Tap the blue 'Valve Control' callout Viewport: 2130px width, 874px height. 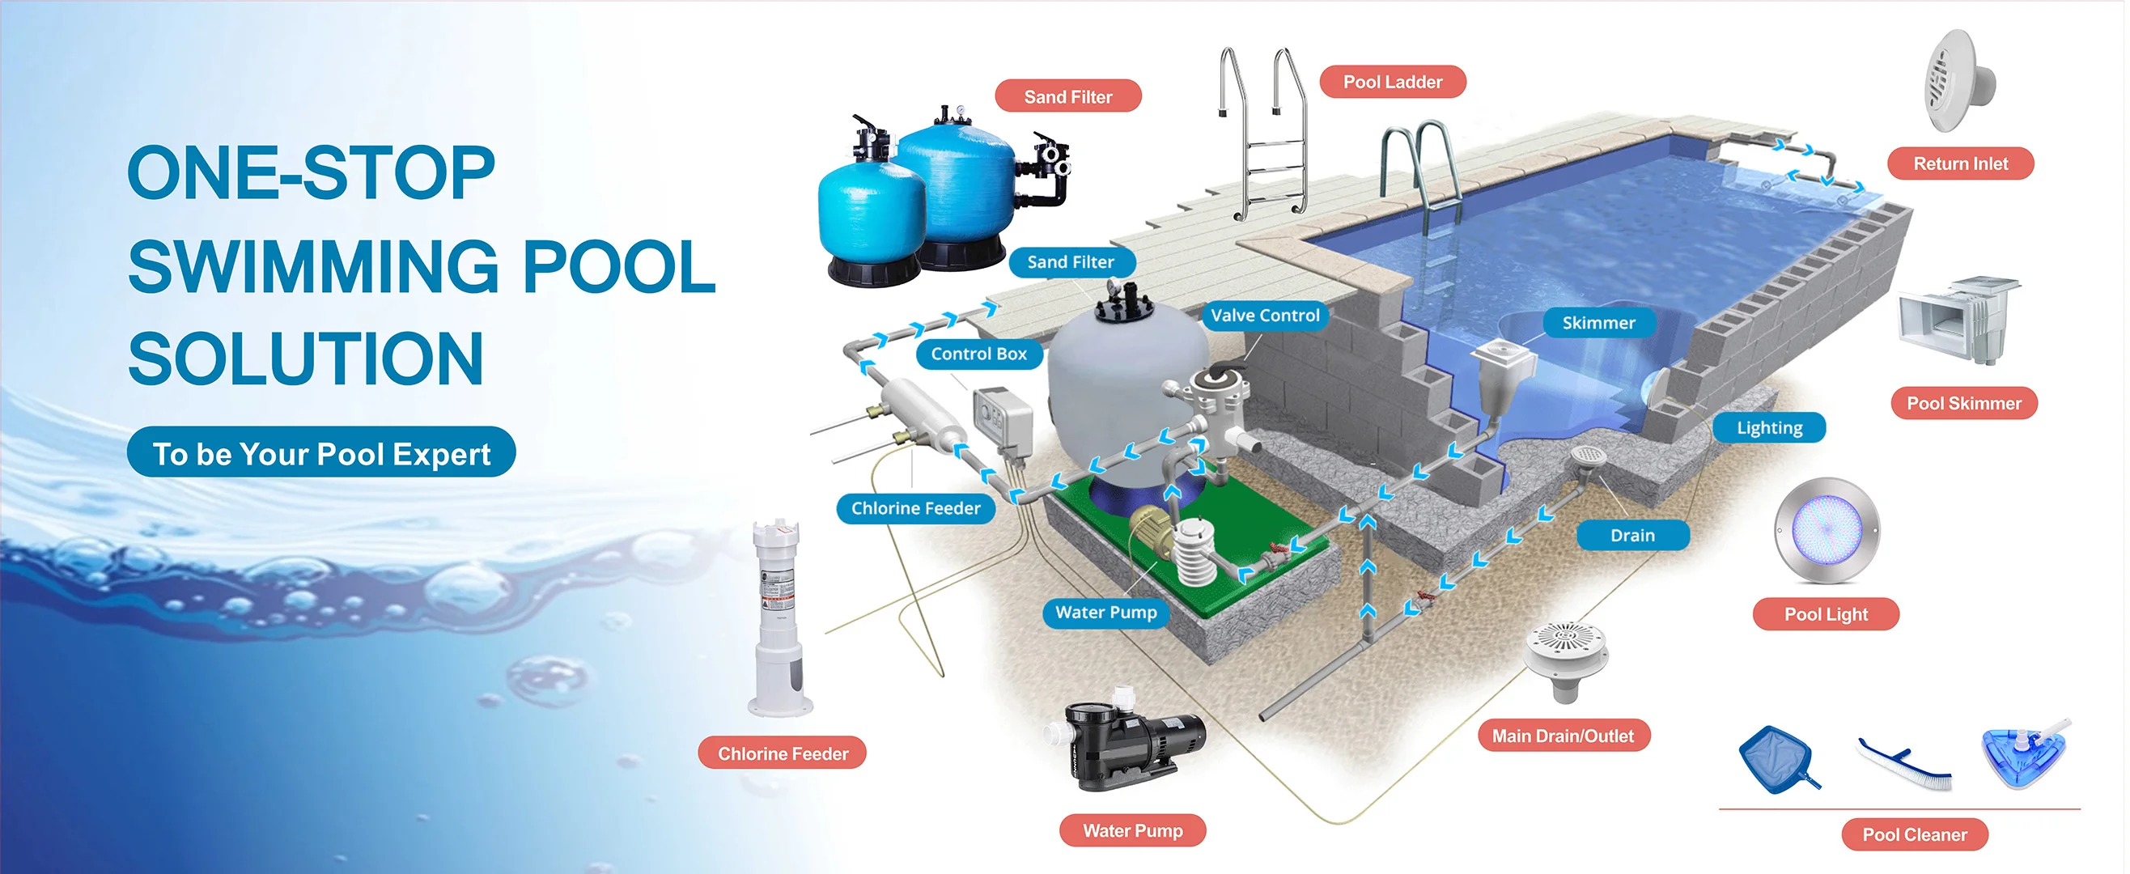tap(1264, 315)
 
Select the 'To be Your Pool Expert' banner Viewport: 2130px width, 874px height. tap(320, 453)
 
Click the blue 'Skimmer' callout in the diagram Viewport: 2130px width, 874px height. tap(1597, 322)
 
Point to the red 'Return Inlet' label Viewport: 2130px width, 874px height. tap(1960, 163)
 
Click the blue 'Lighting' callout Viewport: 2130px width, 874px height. tap(1769, 427)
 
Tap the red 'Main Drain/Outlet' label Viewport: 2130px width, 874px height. tap(1562, 736)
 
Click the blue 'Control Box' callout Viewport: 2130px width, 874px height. tap(978, 354)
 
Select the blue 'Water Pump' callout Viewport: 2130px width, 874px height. tap(1105, 612)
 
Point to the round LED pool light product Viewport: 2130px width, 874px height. tap(1827, 530)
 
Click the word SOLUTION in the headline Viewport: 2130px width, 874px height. tap(306, 359)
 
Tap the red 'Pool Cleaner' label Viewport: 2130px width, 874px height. tap(1913, 834)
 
